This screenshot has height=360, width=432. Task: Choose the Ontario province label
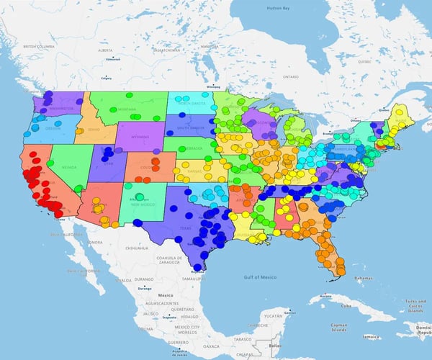[x=290, y=76]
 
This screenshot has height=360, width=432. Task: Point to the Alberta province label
[x=106, y=50]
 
